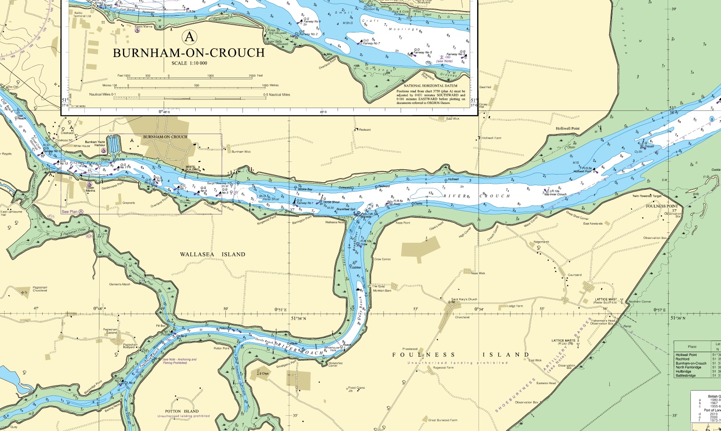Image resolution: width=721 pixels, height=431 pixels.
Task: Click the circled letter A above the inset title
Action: click(x=189, y=36)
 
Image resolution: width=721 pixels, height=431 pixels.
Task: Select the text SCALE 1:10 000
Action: click(x=189, y=63)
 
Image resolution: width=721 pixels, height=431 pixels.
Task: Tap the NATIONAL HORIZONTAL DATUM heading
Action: click(x=430, y=86)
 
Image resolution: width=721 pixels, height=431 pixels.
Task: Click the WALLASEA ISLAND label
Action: click(x=213, y=254)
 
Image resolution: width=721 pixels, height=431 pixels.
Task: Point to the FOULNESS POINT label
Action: click(x=662, y=206)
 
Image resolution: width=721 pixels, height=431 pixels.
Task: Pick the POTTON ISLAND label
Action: click(x=182, y=411)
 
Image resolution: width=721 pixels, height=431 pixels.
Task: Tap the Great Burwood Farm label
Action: click(x=442, y=420)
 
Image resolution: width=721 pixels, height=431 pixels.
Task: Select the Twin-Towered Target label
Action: click(x=649, y=196)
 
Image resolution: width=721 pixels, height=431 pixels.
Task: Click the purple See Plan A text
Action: click(x=72, y=212)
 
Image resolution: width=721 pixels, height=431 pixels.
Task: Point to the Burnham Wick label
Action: click(x=241, y=151)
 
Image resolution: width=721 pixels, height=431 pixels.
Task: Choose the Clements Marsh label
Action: click(x=120, y=284)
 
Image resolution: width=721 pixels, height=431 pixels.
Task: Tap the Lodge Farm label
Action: click(x=515, y=306)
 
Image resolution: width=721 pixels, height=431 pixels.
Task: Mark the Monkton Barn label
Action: click(x=382, y=290)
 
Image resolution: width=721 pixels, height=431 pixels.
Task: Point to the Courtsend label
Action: click(x=574, y=275)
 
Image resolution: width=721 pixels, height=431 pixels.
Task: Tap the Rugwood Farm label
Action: click(x=443, y=368)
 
